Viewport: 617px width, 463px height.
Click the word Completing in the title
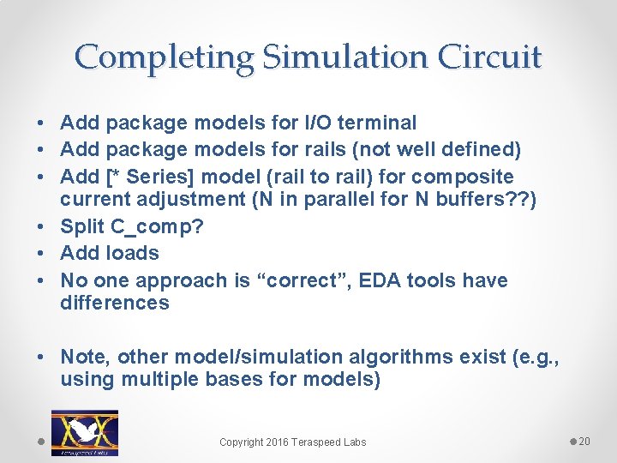click(165, 57)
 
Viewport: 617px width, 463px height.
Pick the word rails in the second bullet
click(303, 150)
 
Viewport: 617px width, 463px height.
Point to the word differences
click(115, 303)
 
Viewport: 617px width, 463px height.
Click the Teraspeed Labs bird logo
click(85, 432)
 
